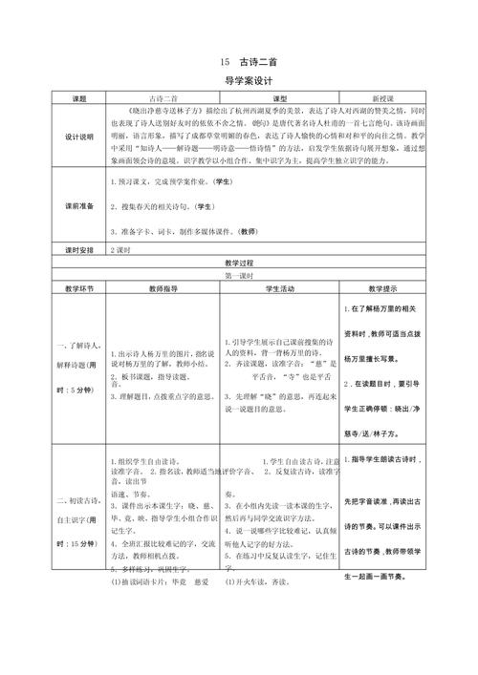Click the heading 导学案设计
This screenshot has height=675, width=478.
tap(238, 83)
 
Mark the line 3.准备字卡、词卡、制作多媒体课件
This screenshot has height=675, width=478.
tap(182, 230)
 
